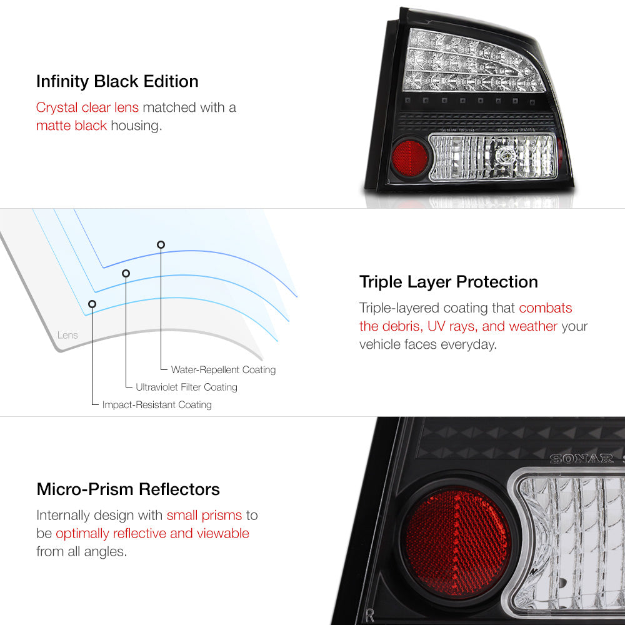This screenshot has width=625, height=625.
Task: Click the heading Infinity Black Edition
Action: click(x=117, y=82)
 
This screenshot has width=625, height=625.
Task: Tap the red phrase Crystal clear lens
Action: click(x=87, y=107)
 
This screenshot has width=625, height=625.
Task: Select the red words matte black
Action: click(x=71, y=126)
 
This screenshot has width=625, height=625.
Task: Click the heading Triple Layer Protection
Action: click(x=448, y=282)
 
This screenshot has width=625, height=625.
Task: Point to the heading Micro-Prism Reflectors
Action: click(x=128, y=489)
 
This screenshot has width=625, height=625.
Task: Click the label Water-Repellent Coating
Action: click(x=223, y=370)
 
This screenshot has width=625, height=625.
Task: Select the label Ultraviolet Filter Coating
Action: click(x=186, y=387)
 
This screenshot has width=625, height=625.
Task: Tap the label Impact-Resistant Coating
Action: click(x=157, y=404)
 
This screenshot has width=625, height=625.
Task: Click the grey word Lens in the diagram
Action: click(x=67, y=335)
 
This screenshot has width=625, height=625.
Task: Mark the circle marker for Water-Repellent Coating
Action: click(x=161, y=245)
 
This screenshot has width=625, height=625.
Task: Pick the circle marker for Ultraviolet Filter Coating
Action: click(x=126, y=274)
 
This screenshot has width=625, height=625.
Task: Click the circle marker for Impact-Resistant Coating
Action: click(x=92, y=304)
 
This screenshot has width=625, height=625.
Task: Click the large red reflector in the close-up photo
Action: click(x=457, y=543)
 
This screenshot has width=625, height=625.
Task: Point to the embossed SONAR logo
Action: click(x=581, y=459)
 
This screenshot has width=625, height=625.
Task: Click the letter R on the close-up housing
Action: click(x=369, y=616)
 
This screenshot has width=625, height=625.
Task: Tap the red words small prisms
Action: click(x=204, y=516)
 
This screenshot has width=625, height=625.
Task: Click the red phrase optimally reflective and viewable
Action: click(x=152, y=533)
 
